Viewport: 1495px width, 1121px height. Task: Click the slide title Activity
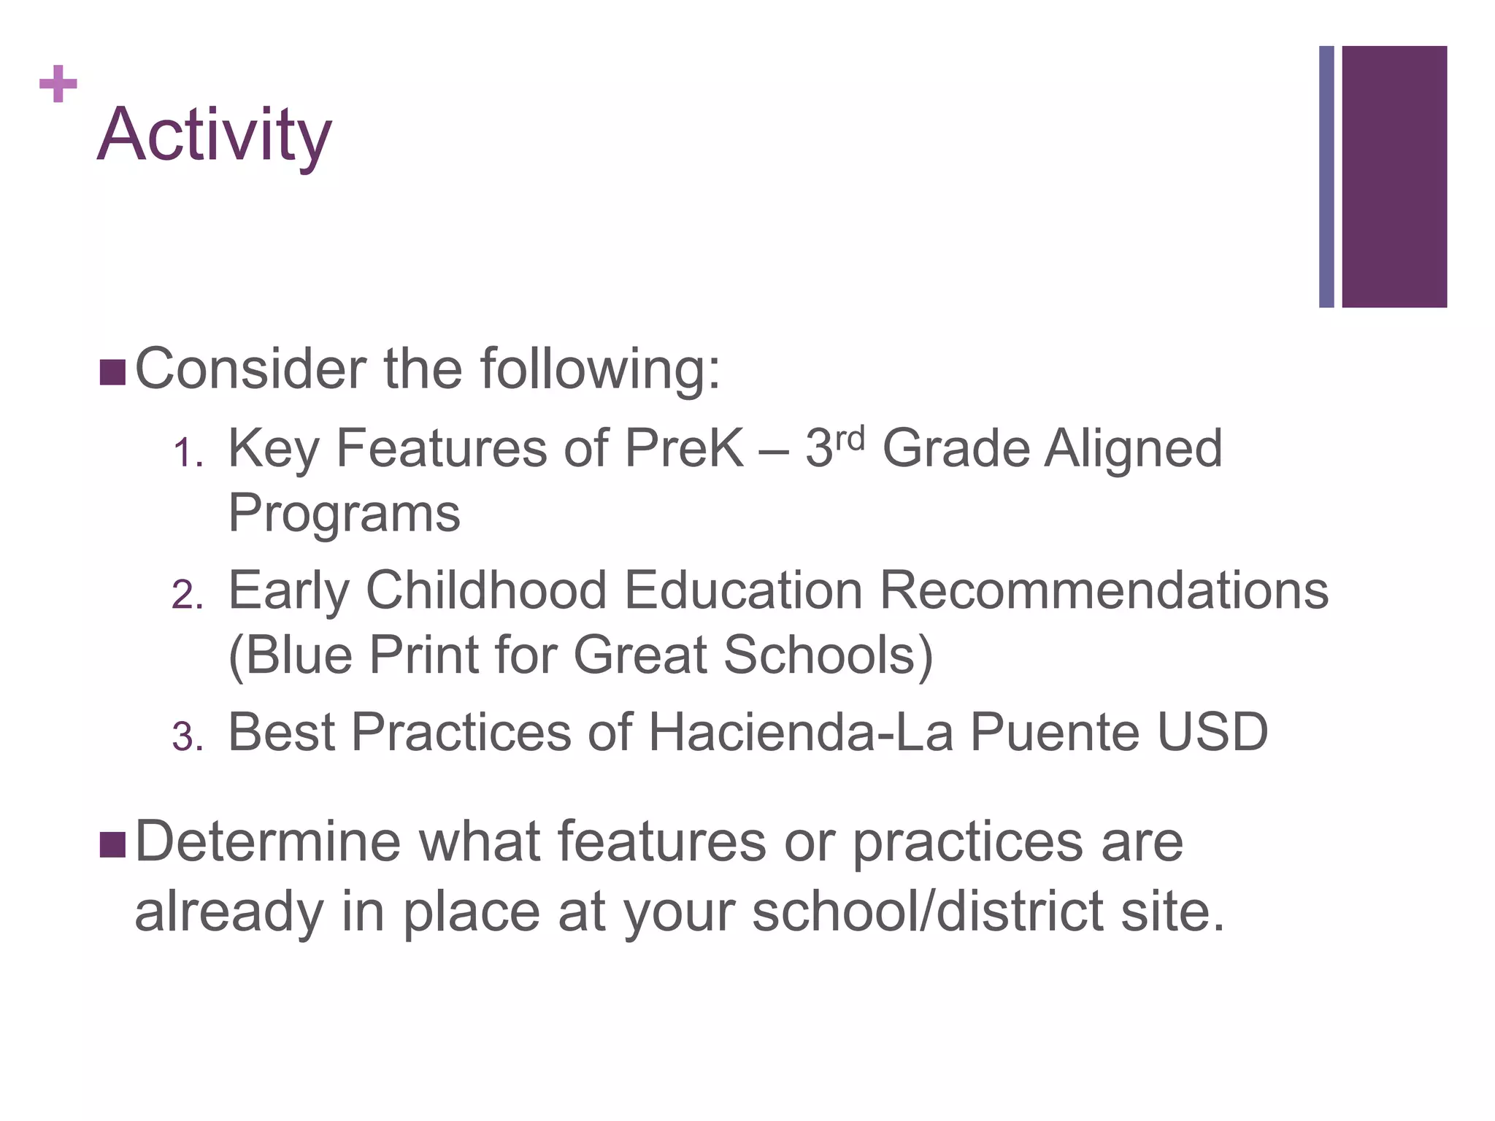(214, 135)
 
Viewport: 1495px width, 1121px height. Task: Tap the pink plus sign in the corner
(58, 84)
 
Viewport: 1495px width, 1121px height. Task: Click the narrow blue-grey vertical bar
(1326, 177)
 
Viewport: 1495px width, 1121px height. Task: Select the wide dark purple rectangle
(1394, 177)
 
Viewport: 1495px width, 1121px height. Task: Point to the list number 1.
(186, 454)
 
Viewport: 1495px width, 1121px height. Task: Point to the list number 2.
(186, 595)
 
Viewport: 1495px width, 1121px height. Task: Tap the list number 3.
(186, 737)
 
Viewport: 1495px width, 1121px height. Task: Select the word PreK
(684, 448)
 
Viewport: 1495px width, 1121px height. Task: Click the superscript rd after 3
(849, 439)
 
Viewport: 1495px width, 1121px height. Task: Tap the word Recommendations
(1103, 590)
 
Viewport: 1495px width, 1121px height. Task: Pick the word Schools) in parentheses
(828, 655)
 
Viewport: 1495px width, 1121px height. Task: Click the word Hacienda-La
(800, 732)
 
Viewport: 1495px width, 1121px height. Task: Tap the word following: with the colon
(600, 370)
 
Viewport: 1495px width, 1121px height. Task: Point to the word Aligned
(1133, 448)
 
